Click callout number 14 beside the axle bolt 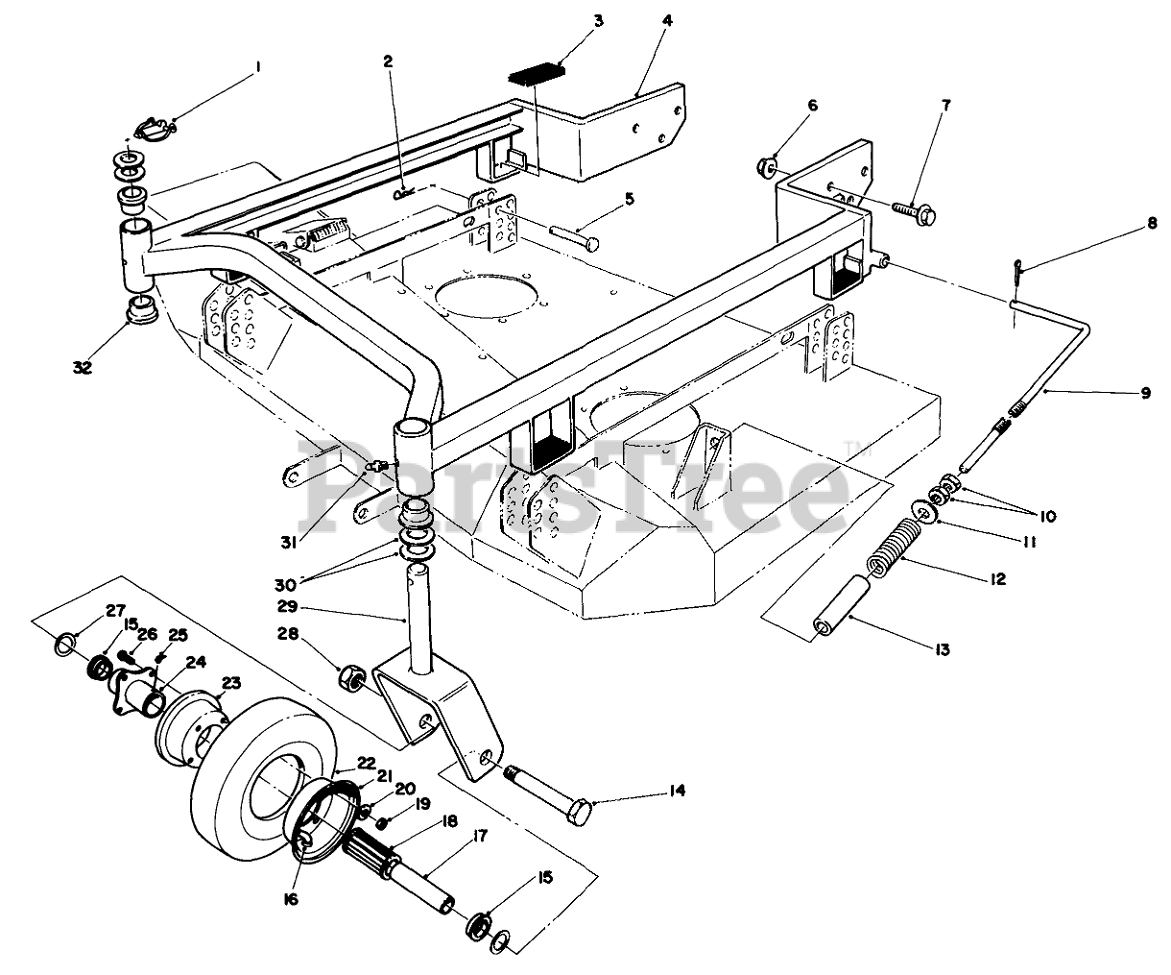(x=677, y=792)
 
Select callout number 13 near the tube (x=942, y=650)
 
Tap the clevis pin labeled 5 (x=576, y=235)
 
